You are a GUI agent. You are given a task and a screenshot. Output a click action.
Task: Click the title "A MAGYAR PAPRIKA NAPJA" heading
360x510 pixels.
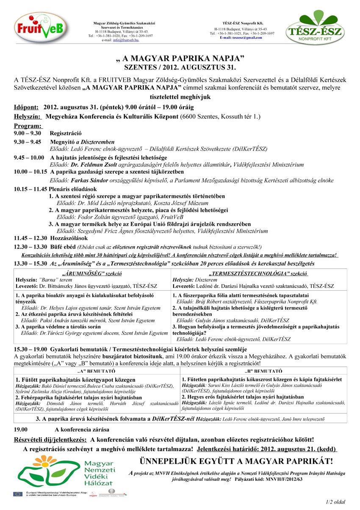click(180, 58)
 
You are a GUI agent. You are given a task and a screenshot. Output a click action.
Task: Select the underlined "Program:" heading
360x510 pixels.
click(28, 126)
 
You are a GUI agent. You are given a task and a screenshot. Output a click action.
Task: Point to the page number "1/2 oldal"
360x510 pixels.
click(335, 502)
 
